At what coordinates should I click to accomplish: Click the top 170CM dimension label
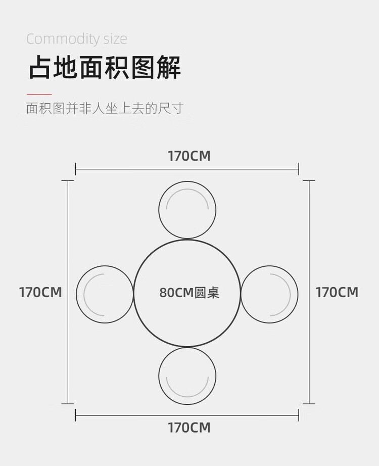189,156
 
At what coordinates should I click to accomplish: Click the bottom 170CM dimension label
189,428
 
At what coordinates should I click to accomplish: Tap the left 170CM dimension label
40,292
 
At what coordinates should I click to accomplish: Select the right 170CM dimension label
337,292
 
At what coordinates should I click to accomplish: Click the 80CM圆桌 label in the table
189,293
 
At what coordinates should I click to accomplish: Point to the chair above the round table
187,210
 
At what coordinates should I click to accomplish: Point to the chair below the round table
187,376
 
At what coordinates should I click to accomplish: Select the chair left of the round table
105,294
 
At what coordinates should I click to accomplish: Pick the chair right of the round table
269,294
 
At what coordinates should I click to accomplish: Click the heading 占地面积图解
104,68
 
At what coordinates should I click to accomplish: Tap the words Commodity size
76,39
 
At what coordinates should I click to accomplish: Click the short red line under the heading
39,94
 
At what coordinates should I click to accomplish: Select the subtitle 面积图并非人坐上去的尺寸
104,108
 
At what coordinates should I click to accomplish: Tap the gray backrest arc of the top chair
187,191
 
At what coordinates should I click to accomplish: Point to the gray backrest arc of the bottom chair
187,396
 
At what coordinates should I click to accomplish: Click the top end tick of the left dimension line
68,180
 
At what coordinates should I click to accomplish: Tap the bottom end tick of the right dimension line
309,404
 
